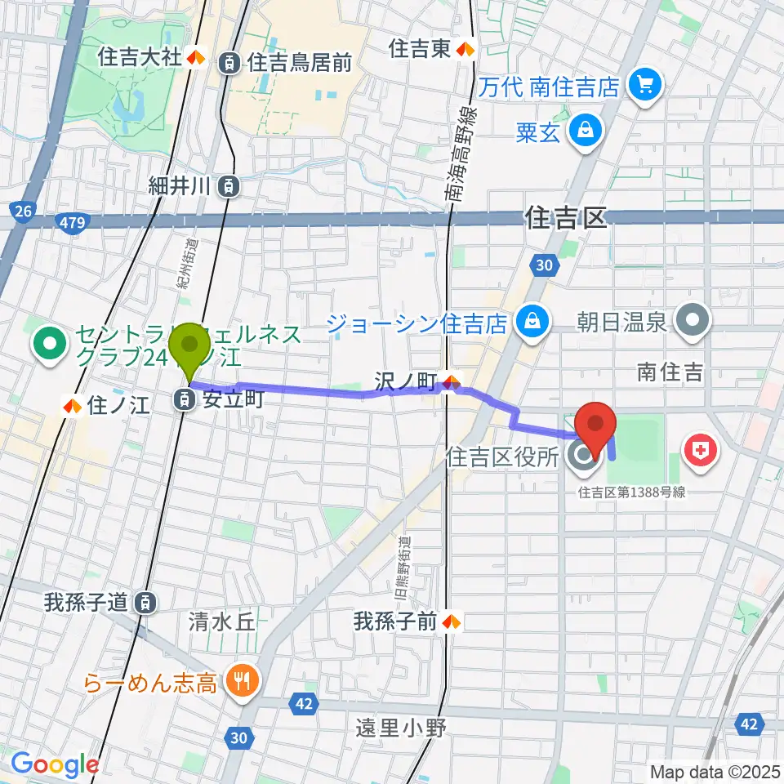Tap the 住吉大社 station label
click(x=140, y=58)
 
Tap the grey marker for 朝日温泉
click(x=696, y=320)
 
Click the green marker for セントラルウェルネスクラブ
click(x=50, y=344)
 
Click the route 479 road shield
click(x=74, y=220)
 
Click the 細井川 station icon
click(x=230, y=185)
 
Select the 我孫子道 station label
click(x=87, y=604)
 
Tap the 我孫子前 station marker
click(x=451, y=622)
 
